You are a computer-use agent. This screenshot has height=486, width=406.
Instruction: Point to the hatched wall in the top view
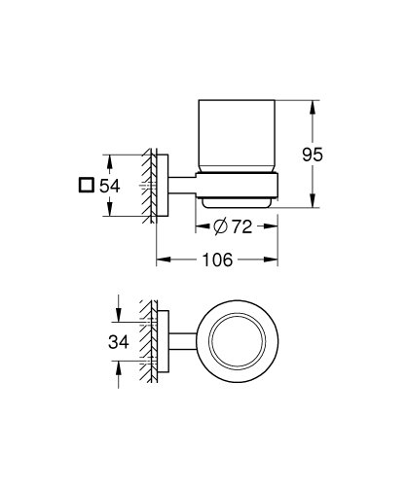[147, 340]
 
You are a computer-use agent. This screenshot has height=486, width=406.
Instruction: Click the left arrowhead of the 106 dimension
[159, 260]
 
